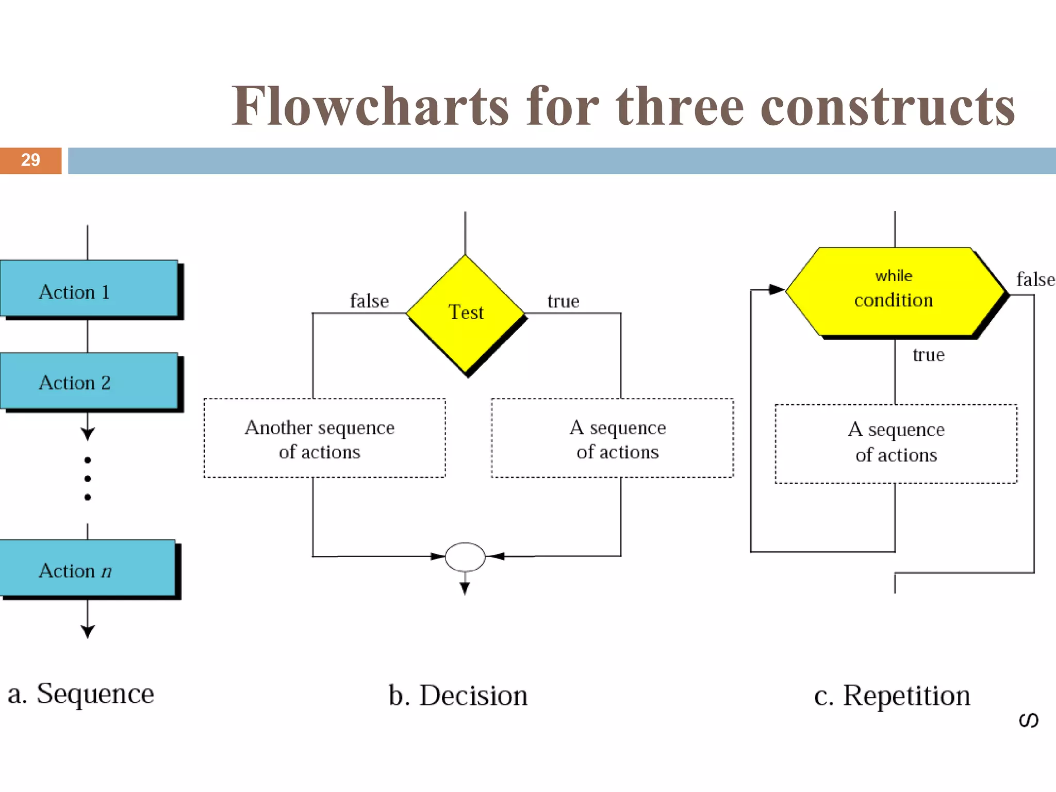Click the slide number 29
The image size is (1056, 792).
tap(30, 160)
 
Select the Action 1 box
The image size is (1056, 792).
tap(89, 289)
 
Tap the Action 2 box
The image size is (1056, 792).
tap(89, 382)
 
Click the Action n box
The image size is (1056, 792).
tap(88, 568)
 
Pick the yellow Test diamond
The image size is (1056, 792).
tap(466, 313)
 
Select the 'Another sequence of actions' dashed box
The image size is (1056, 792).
tap(324, 438)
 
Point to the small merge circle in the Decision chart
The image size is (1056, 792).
tap(465, 557)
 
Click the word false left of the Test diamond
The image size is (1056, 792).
tap(369, 301)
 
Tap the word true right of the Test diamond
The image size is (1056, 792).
tap(563, 301)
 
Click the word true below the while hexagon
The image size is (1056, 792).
tap(928, 355)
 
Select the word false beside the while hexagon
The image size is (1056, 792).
tap(1035, 279)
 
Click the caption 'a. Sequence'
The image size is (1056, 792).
tap(81, 694)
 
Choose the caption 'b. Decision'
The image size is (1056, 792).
tap(458, 696)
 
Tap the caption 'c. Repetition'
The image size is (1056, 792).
tap(892, 696)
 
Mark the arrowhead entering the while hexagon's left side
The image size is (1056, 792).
tap(777, 289)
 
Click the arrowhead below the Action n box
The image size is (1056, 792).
tap(88, 631)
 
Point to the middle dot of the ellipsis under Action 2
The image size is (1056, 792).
tap(88, 479)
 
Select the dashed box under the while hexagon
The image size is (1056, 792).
tap(896, 443)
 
